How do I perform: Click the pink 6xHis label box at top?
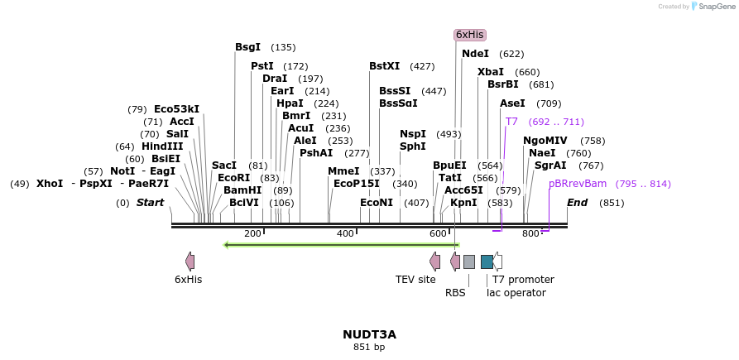click(469, 35)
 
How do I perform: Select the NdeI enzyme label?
click(475, 54)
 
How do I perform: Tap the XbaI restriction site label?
click(491, 72)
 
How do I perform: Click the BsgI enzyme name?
click(247, 47)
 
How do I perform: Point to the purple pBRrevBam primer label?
click(578, 184)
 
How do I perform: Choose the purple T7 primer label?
click(511, 122)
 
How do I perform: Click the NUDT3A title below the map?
click(369, 334)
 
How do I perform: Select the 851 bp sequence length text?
click(369, 348)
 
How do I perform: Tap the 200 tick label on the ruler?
click(252, 234)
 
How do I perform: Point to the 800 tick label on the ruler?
click(530, 234)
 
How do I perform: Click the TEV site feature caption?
click(415, 280)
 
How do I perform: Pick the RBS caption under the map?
click(455, 292)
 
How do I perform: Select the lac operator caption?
click(516, 292)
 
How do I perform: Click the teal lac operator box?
click(487, 262)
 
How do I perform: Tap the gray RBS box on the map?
click(468, 262)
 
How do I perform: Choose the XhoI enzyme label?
click(49, 184)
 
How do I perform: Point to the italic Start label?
click(150, 203)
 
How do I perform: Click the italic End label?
click(577, 203)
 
